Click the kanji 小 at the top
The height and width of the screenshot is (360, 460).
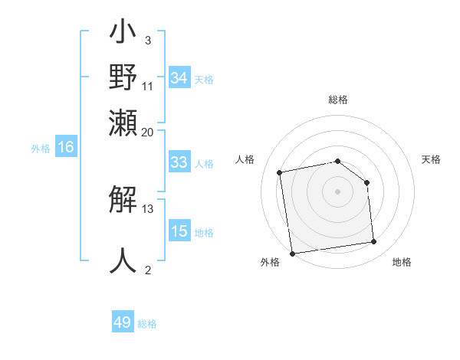tap(123, 34)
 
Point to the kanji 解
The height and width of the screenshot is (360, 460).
tap(123, 202)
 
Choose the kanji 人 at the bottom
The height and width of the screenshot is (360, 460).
tap(123, 261)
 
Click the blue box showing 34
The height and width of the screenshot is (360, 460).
tap(179, 77)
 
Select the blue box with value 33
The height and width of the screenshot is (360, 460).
tap(179, 162)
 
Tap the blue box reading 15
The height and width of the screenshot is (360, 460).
tap(179, 231)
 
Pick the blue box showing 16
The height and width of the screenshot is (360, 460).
tap(66, 148)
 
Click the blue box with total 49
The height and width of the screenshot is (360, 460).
tap(123, 322)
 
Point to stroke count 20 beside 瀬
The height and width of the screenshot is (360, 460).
tap(148, 132)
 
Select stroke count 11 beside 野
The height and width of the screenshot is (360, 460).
tap(148, 86)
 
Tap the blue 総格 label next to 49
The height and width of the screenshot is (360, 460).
tap(147, 324)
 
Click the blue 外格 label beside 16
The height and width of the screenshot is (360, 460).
tap(41, 149)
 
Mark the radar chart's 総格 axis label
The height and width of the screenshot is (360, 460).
tap(337, 100)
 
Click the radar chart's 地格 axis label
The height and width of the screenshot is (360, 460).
tap(402, 263)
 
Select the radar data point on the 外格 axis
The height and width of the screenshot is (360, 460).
tap(292, 254)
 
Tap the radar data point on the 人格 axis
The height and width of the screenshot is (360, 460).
tap(280, 172)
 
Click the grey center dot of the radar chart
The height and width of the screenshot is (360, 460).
tap(337, 191)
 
